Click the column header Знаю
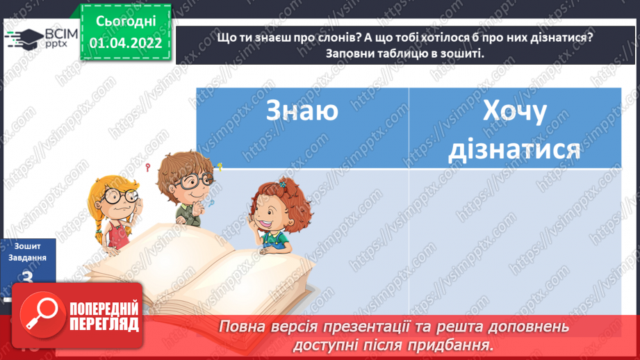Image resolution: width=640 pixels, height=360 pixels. [x=302, y=111]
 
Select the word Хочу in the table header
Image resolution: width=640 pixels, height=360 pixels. [x=514, y=111]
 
